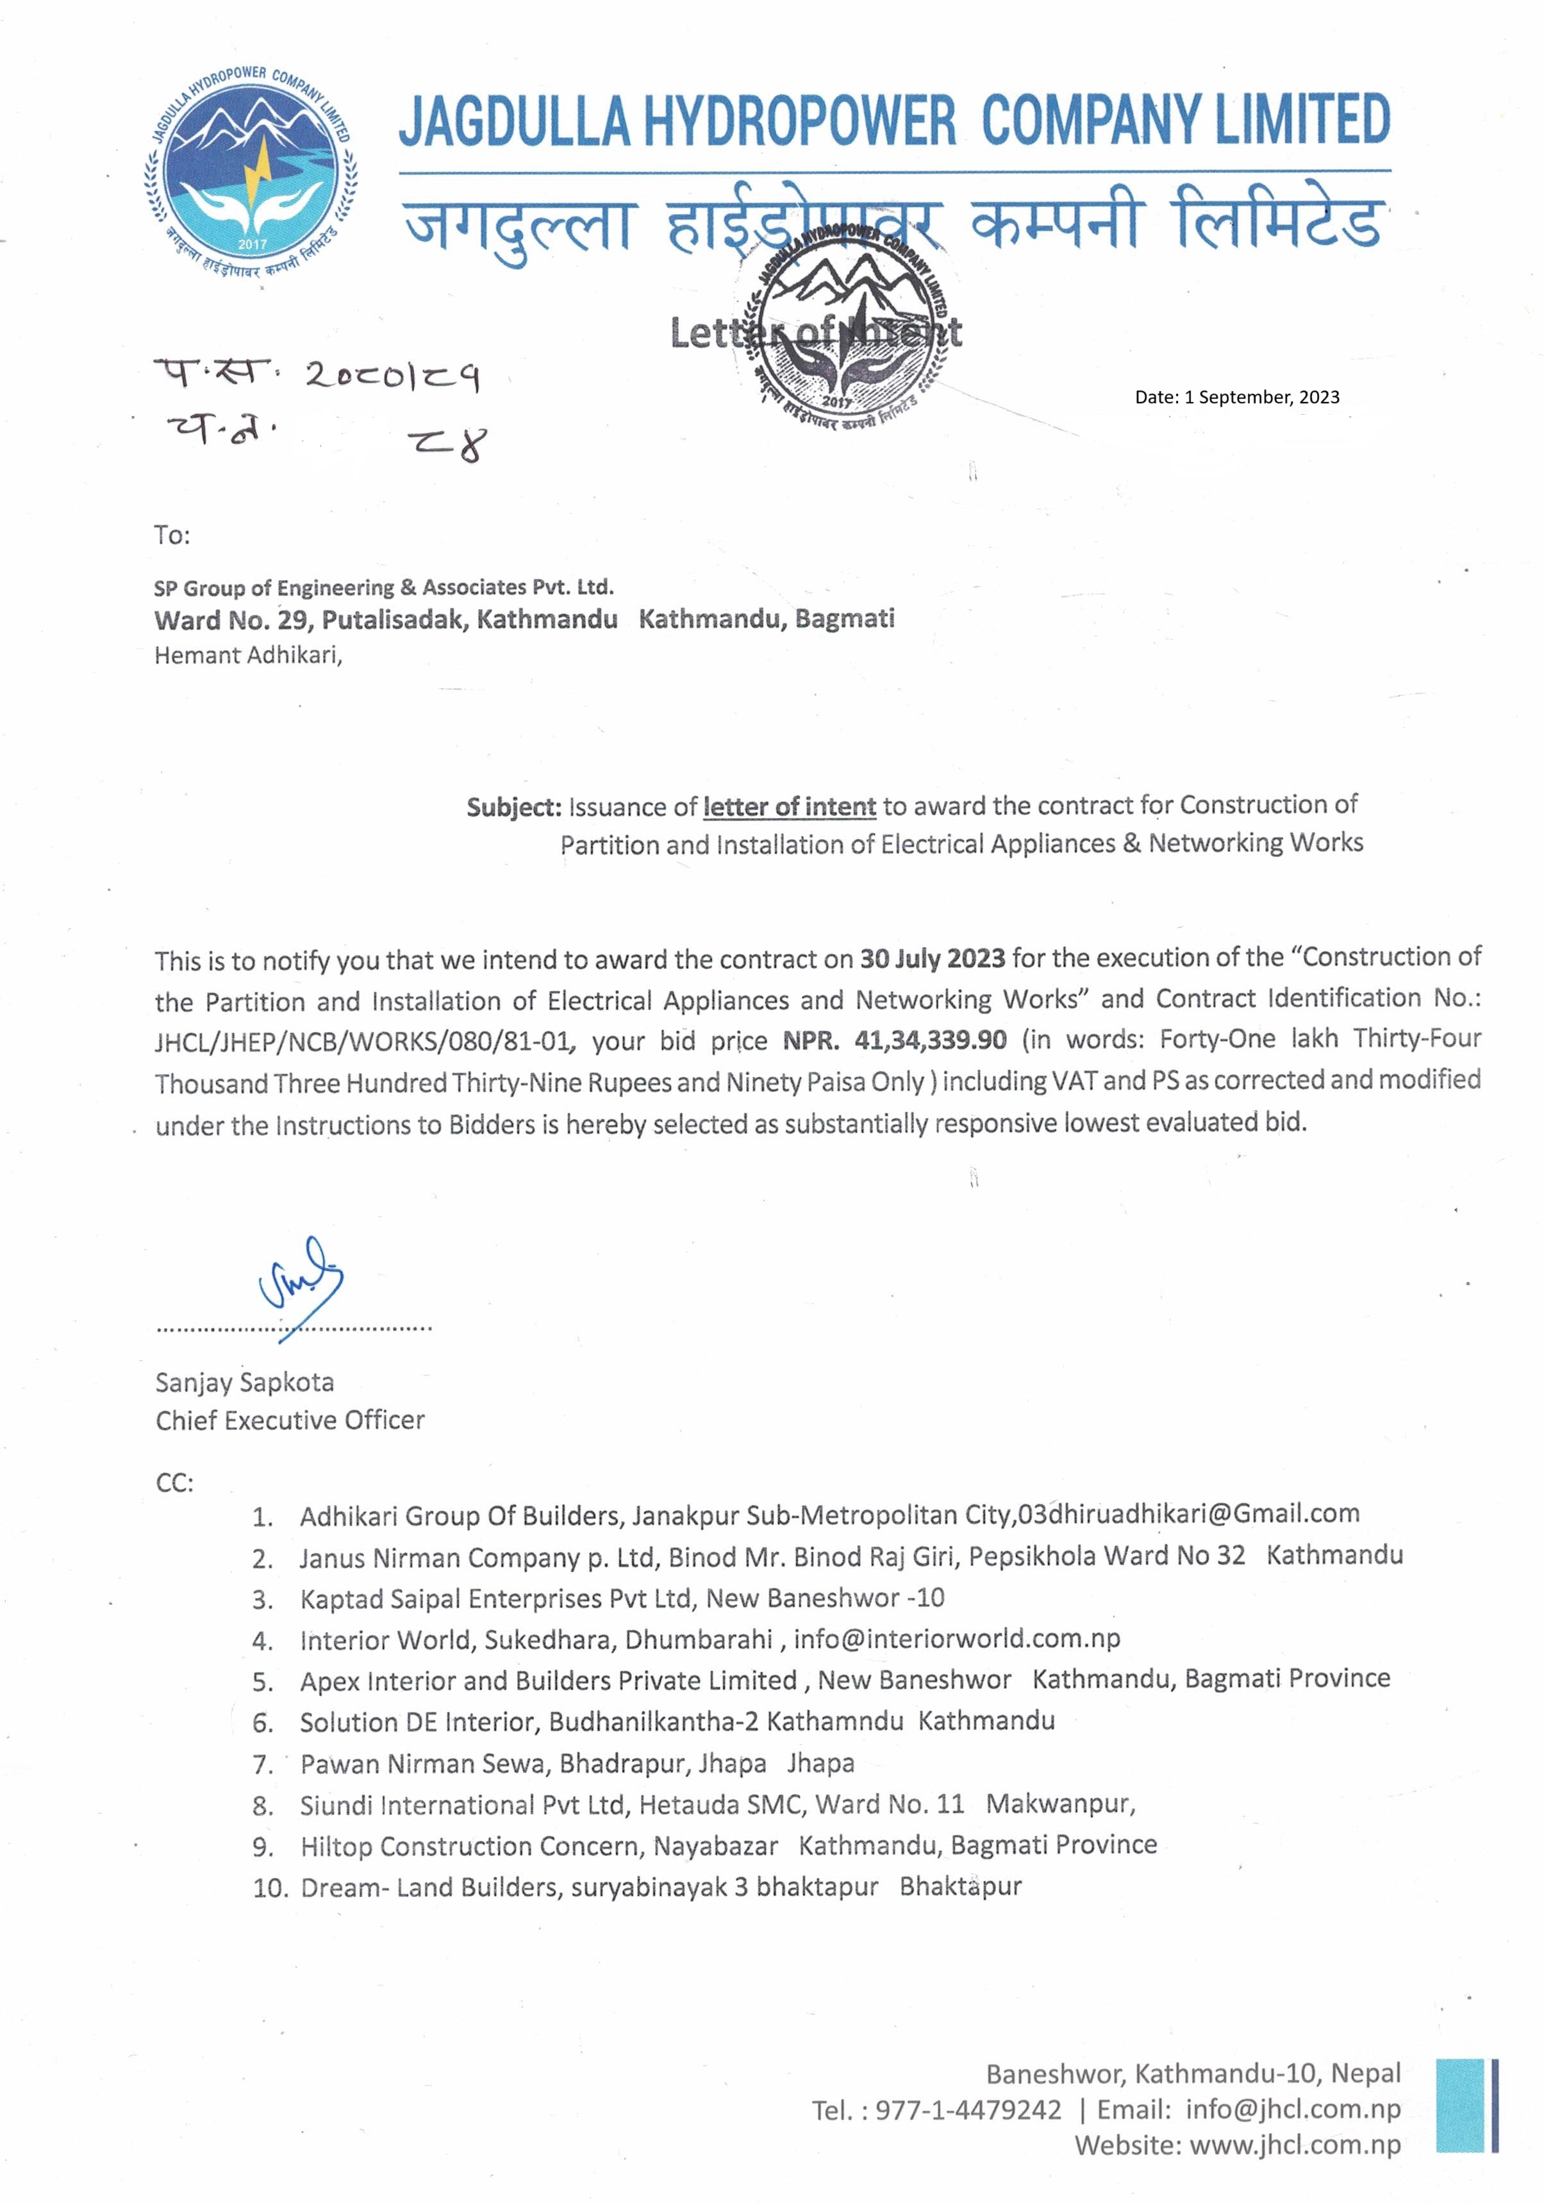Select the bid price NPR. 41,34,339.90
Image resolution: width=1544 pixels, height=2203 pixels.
tap(894, 1040)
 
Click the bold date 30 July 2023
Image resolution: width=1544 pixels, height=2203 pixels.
tap(932, 958)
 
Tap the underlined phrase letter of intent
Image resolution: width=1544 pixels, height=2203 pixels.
tap(789, 807)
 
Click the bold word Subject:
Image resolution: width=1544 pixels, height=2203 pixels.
tap(513, 808)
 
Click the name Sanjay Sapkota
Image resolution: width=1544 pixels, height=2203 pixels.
tap(245, 1383)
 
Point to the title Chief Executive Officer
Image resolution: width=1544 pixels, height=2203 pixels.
tap(290, 1420)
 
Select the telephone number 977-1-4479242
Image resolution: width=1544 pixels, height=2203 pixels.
tap(968, 2110)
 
